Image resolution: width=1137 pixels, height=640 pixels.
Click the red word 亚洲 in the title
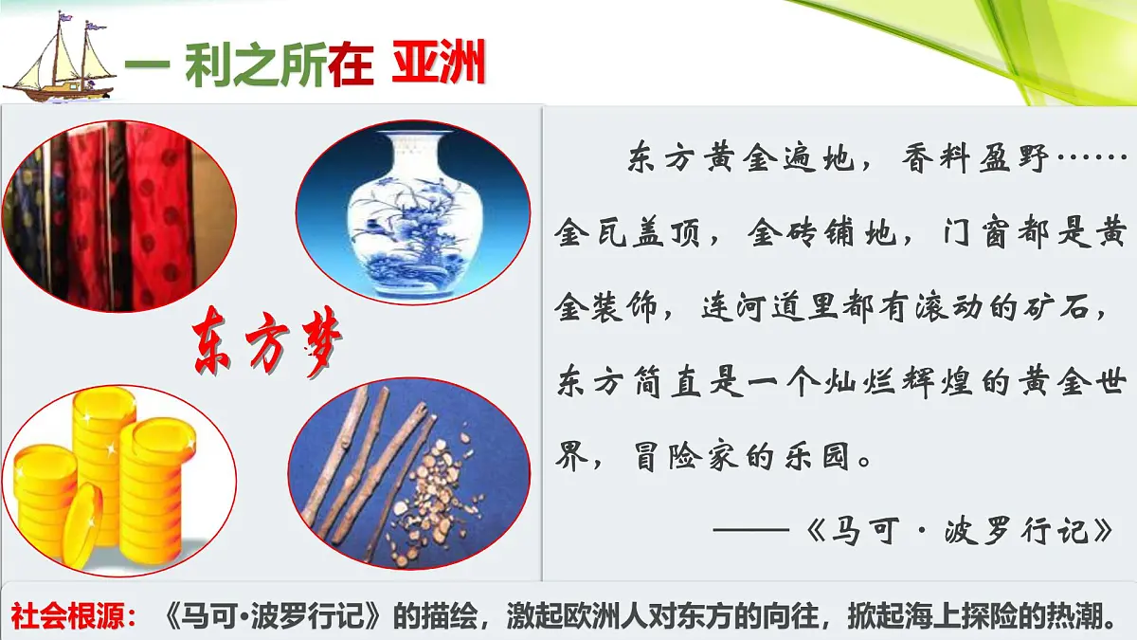(x=438, y=66)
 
